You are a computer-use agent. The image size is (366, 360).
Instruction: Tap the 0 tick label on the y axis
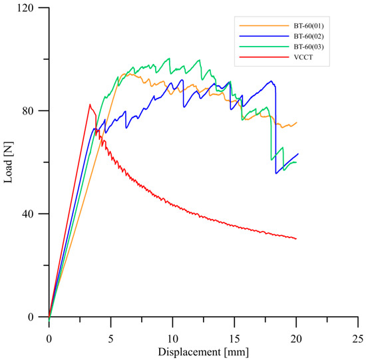(x=33, y=317)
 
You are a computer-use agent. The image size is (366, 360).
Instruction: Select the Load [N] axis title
(x=10, y=162)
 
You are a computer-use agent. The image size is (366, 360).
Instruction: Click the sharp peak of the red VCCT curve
(x=89, y=104)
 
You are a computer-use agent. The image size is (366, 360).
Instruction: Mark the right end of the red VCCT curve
(x=296, y=238)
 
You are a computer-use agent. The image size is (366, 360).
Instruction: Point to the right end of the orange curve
(x=297, y=122)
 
